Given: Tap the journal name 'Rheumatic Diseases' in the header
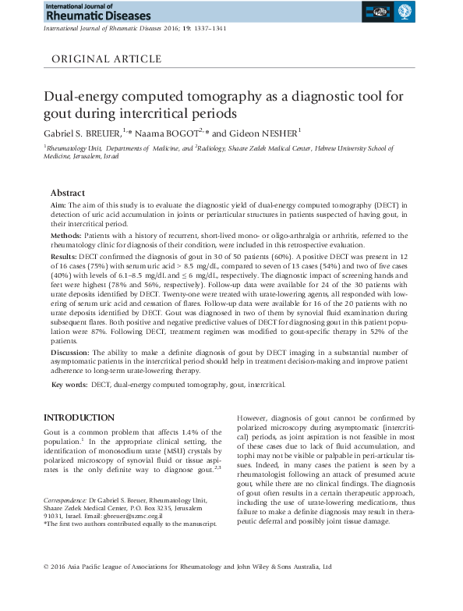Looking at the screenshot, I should point(78,15).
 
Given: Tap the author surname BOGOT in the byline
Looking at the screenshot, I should point(179,133).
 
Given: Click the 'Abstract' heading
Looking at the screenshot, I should point(68,193).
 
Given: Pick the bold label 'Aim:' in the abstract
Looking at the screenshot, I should point(58,204).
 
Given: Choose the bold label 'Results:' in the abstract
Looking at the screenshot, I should point(65,256).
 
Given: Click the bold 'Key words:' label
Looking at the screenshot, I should point(69,385).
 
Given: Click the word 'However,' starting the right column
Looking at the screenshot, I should point(251,419).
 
